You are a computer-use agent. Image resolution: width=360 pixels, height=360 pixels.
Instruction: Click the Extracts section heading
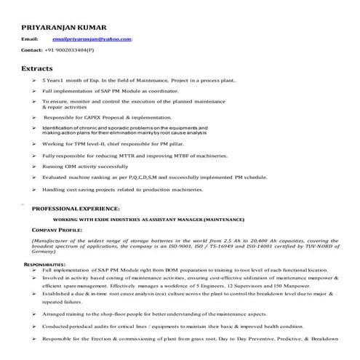37,68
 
